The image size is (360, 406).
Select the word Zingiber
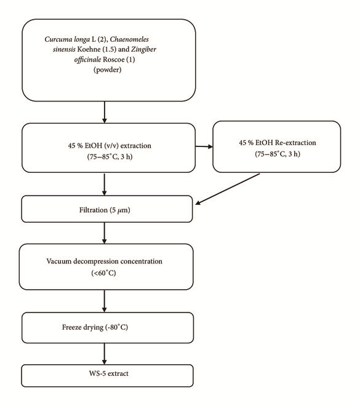coord(144,49)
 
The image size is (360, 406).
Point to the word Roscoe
coord(113,60)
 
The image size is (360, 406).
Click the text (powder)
coord(108,70)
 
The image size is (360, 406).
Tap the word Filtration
coord(94,210)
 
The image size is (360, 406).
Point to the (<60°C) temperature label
coord(103,273)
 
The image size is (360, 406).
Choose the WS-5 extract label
coord(109,373)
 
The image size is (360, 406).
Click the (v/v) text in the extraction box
coord(111,146)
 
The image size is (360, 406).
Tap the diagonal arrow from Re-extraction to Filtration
coord(228,189)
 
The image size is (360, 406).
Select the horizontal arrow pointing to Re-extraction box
coord(204,146)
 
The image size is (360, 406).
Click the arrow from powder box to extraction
coord(105,112)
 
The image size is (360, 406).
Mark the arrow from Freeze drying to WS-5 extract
coord(105,354)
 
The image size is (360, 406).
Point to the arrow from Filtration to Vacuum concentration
coord(105,233)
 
